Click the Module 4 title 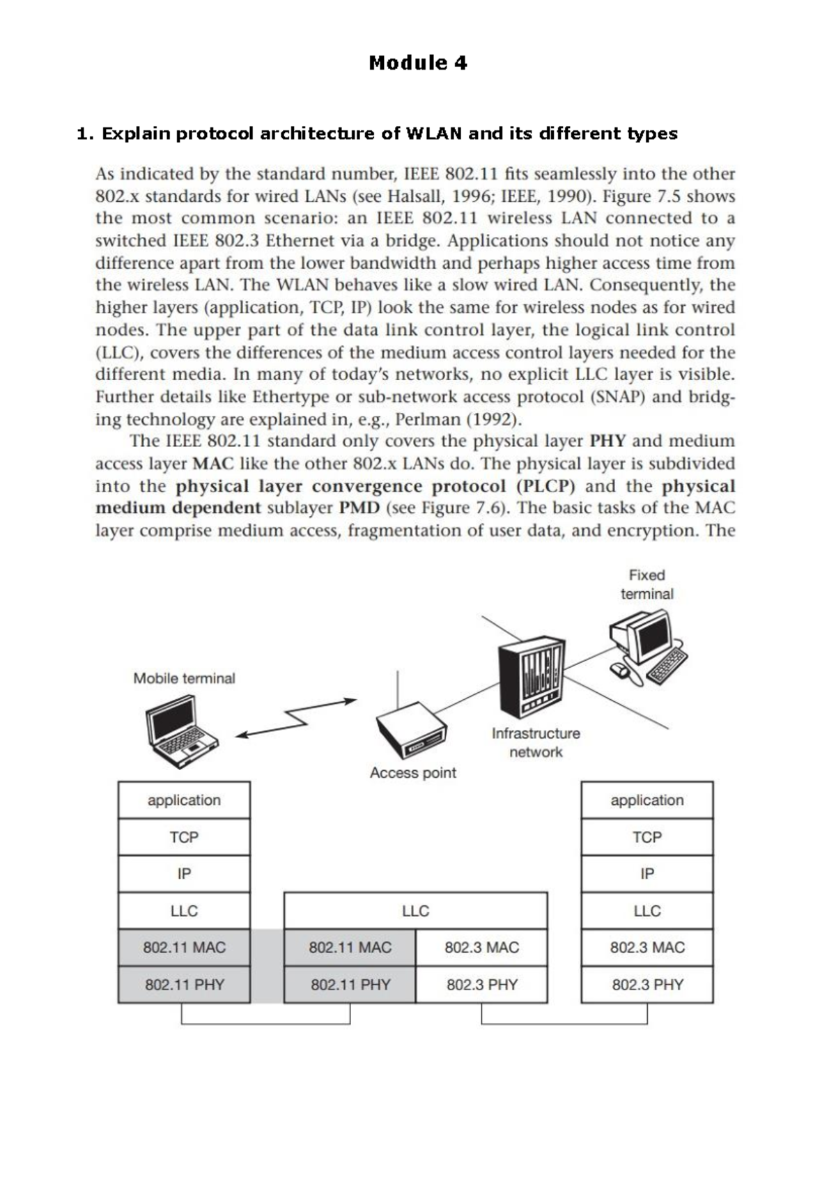click(418, 63)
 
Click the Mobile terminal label click(184, 678)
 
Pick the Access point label click(412, 772)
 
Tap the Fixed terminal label click(647, 584)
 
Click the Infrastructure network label click(535, 742)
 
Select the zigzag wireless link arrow click(296, 718)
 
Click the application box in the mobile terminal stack click(184, 800)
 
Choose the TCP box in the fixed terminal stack click(647, 837)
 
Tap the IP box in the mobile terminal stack click(184, 874)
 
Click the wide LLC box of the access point click(415, 911)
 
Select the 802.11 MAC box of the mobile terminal click(184, 947)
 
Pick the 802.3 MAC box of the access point click(481, 947)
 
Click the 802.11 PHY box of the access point click(350, 985)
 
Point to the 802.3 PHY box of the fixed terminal click(647, 985)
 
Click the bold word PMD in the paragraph click(359, 508)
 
